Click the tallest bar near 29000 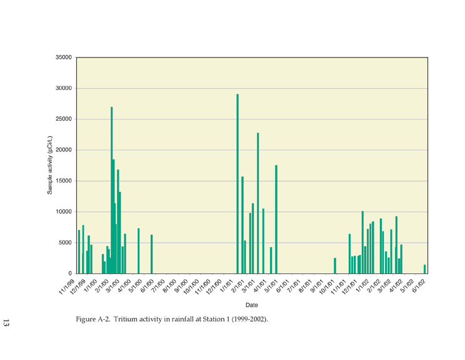[x=237, y=184]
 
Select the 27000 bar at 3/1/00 [x=111, y=190]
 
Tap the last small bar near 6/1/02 [x=424, y=269]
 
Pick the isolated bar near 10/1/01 [x=335, y=266]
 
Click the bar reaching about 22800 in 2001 [x=258, y=203]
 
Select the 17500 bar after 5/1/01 [x=276, y=219]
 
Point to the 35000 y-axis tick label [x=64, y=57]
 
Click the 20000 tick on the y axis [x=64, y=150]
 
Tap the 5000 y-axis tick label [x=65, y=242]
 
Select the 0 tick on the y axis [x=70, y=273]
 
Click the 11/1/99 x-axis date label [x=67, y=286]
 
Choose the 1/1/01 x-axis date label [x=226, y=286]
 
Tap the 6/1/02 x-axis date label [x=419, y=286]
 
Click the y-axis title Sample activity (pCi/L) [x=49, y=165]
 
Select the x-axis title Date [x=252, y=305]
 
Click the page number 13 [x=6, y=322]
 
